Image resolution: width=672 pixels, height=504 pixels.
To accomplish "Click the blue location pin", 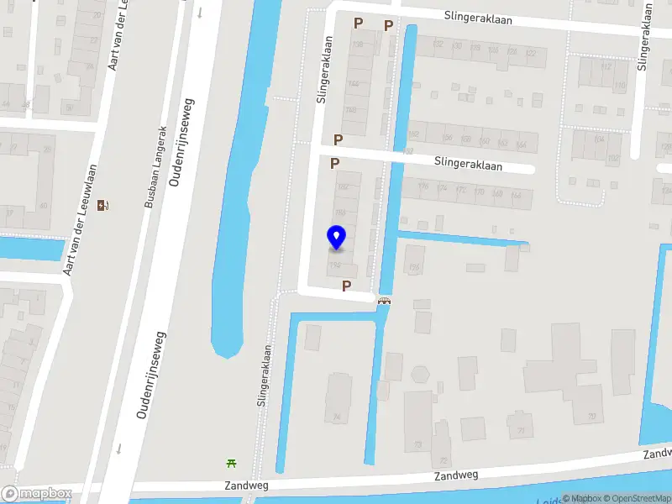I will tap(336, 238).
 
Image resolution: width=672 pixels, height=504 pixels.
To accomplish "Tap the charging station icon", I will tap(103, 205).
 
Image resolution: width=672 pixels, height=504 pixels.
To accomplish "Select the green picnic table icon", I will tap(231, 462).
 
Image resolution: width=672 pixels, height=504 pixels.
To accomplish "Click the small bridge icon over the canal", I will tap(385, 301).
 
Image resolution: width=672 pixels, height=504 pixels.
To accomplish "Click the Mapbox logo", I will tap(36, 494).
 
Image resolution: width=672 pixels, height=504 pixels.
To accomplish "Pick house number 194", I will tap(336, 265).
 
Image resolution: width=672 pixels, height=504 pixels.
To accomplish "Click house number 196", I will tap(414, 268).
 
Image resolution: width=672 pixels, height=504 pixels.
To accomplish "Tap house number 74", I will tap(338, 416).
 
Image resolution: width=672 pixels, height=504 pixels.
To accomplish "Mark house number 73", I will tap(417, 444).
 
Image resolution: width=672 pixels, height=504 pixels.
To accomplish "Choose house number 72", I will tap(443, 461).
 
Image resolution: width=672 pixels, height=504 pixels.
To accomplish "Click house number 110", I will tap(620, 86).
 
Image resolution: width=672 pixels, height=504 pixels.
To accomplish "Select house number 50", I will tap(68, 108).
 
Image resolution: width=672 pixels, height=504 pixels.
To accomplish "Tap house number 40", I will tap(43, 206).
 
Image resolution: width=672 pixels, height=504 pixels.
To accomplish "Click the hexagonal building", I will tap(421, 374).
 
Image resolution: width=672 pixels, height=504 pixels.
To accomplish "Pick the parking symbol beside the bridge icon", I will tap(346, 286).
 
